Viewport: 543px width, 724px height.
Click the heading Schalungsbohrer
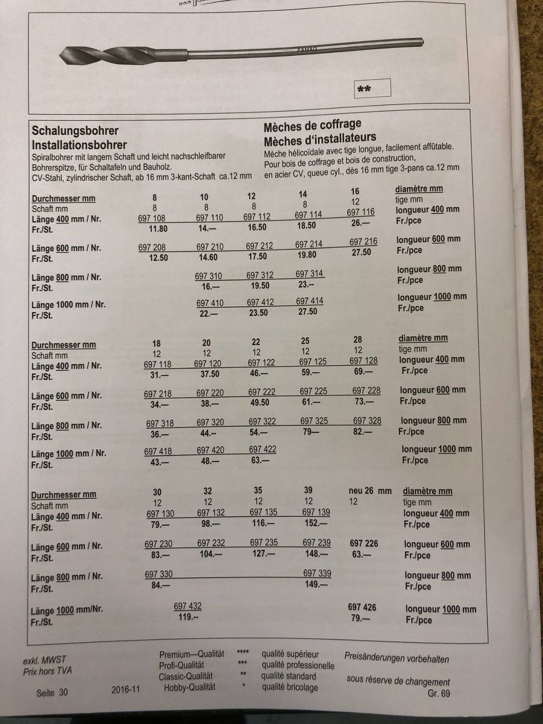75,130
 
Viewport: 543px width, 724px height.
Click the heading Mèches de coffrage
312,127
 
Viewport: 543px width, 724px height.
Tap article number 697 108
152,218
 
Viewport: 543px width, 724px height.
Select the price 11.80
158,229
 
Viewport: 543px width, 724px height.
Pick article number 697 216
363,241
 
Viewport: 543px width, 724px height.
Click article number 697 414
309,301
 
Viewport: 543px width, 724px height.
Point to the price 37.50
207,374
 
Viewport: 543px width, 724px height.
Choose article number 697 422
263,449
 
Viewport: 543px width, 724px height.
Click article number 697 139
316,512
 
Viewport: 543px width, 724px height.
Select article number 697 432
188,606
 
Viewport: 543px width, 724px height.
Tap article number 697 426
362,607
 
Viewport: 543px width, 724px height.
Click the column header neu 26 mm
370,490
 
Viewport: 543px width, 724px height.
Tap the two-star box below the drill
373,88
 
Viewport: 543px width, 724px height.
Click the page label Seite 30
52,692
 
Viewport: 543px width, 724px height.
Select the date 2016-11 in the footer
126,690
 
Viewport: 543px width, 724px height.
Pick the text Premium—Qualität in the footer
191,654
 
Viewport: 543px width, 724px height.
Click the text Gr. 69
438,693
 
